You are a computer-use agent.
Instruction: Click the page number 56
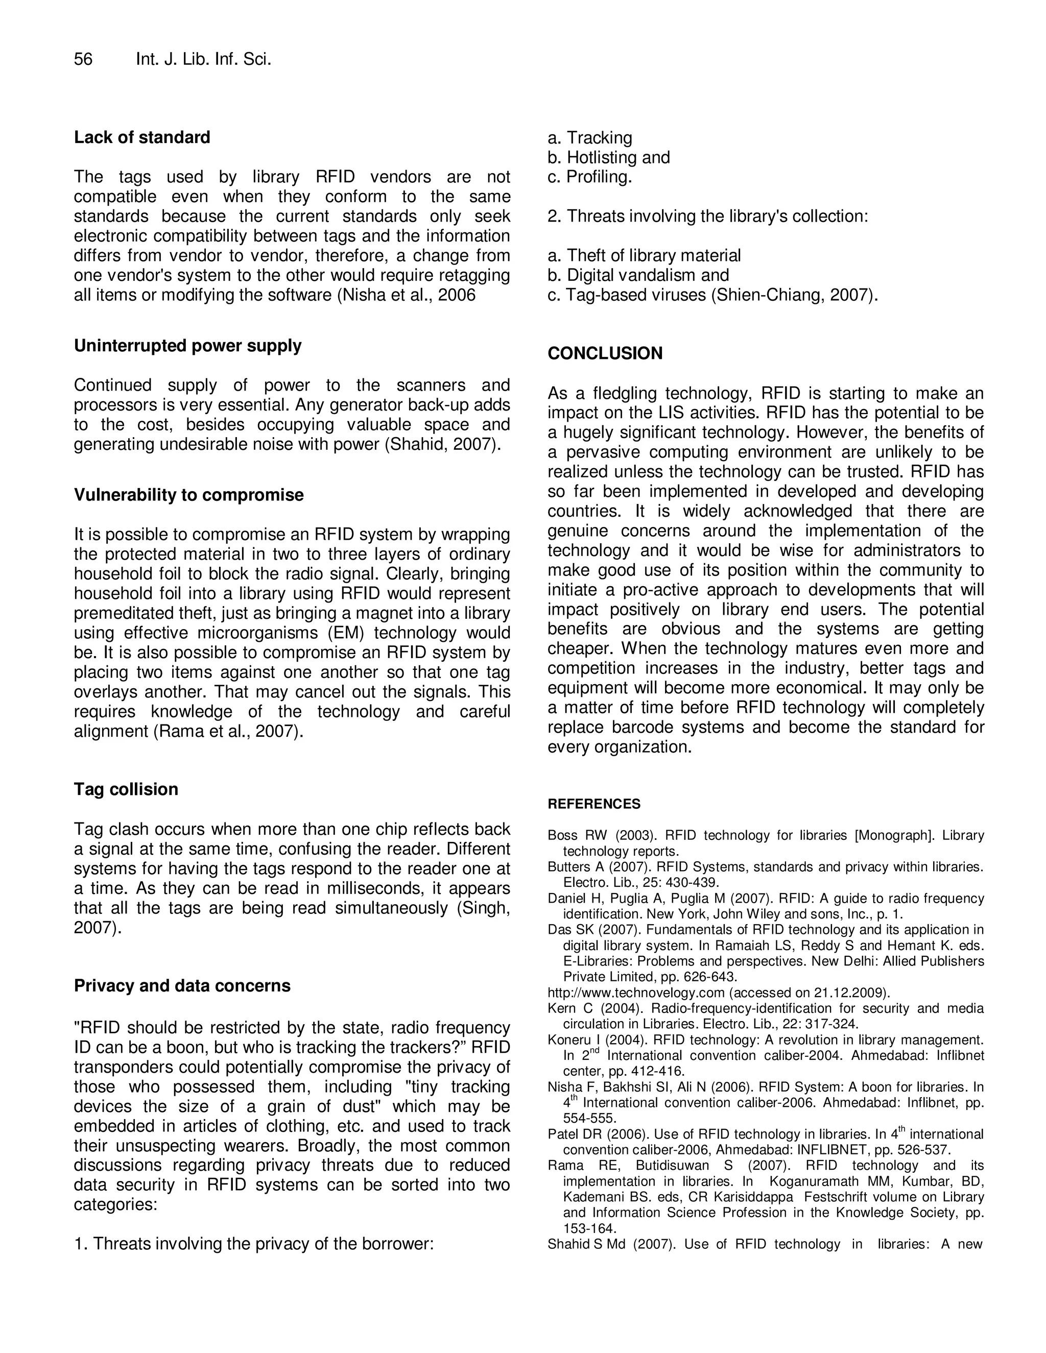83,59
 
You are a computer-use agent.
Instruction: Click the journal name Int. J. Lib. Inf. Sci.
203,59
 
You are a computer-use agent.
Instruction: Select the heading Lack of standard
142,137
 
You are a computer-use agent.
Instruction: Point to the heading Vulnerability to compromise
188,495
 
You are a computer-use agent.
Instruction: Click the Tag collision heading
126,789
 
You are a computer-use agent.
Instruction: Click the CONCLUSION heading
605,353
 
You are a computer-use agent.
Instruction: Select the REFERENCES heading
593,804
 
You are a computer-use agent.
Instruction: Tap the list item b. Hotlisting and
608,157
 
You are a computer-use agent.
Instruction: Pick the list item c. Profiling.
590,177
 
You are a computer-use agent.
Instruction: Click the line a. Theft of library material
644,255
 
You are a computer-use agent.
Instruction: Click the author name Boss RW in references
567,836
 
